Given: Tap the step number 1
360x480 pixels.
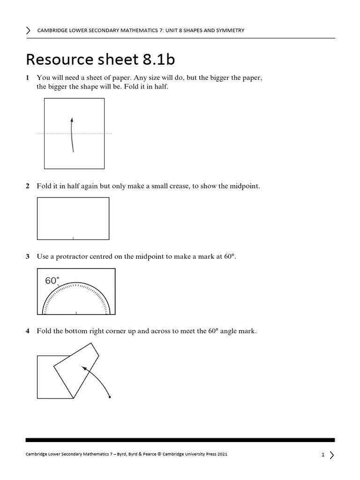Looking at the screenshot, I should coord(28,78).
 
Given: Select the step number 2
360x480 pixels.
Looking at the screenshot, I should coord(28,187).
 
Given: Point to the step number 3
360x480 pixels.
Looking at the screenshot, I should coord(28,256).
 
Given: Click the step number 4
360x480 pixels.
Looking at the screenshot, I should coord(28,331).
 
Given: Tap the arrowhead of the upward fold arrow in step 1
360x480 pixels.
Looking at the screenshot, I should coord(71,119).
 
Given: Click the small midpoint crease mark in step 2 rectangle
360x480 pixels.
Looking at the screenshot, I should coord(73,238).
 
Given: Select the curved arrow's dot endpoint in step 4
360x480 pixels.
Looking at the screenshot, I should coord(110,397).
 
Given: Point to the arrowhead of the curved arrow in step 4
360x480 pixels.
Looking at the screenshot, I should coord(84,369).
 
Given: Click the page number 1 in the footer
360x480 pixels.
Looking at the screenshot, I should coord(323,455).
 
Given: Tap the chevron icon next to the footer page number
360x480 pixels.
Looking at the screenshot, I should coord(332,455).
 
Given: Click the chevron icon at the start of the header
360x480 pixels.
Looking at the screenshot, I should coord(29,30).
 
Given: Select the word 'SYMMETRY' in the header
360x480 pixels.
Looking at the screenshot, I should coord(228,30).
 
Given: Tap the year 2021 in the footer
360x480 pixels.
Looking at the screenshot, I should coord(221,455).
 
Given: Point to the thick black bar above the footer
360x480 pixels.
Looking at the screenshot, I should coord(180,440).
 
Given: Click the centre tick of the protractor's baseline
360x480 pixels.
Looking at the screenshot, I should coord(76,312).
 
